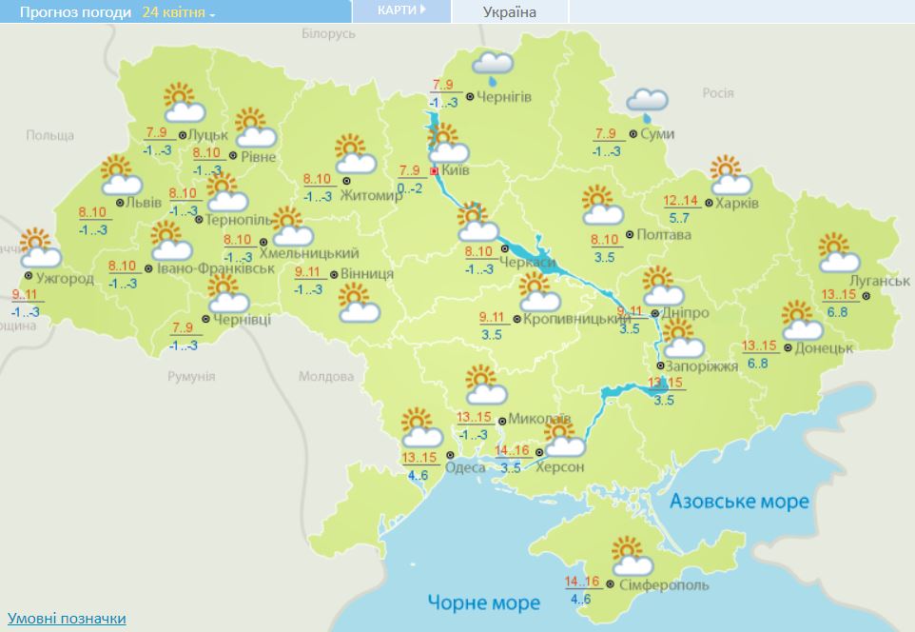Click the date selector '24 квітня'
coord(178,12)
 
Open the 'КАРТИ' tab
coord(399,10)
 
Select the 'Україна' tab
coord(509,12)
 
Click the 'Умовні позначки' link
coord(66,619)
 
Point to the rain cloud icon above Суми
coord(648,101)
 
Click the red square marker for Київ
coord(434,171)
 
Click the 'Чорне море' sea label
coord(483,602)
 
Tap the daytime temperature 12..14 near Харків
coord(680,201)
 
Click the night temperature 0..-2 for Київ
coord(409,188)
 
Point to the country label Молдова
coord(326,377)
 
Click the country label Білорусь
coord(328,33)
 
